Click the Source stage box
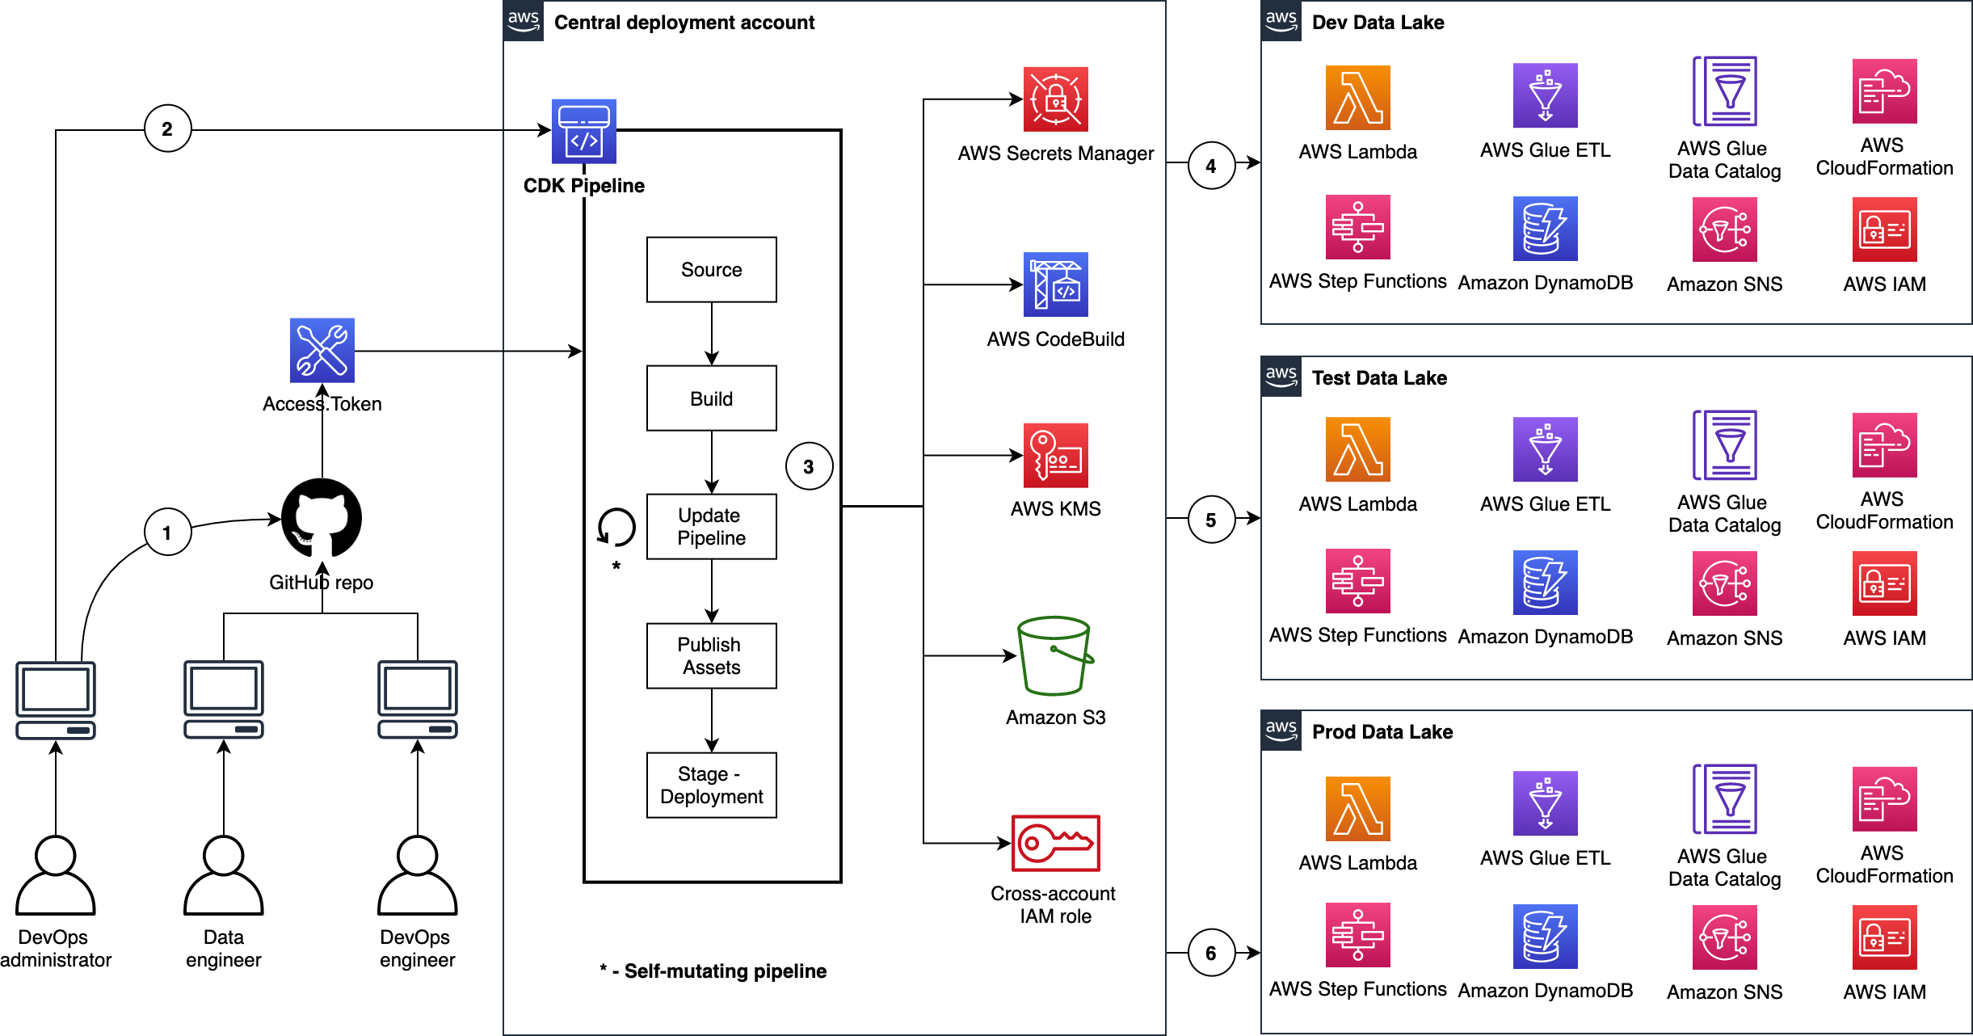click(711, 270)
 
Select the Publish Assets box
click(711, 655)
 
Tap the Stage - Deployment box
click(711, 785)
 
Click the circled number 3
click(809, 466)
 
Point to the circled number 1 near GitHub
click(167, 532)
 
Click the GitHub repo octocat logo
click(322, 518)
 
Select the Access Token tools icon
click(322, 350)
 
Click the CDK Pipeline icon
click(583, 131)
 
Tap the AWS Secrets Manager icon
click(1055, 99)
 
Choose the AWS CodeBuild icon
click(1055, 284)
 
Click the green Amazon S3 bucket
click(1054, 655)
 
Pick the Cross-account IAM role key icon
click(1055, 843)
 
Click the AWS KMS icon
click(1055, 455)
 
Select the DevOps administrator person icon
click(56, 875)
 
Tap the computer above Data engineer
click(224, 699)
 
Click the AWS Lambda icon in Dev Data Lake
click(1357, 98)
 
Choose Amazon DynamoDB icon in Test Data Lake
click(1545, 583)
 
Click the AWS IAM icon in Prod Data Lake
click(1884, 937)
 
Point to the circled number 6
click(1211, 953)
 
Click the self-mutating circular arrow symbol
click(616, 527)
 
